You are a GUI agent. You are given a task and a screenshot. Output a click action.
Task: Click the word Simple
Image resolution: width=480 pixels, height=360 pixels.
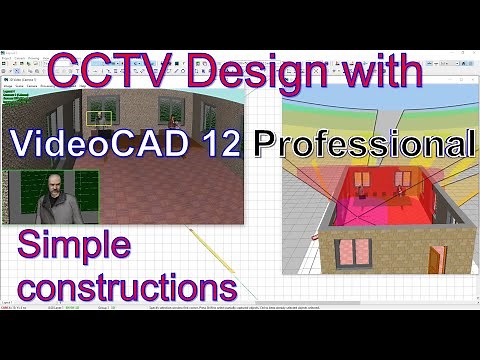coord(75,244)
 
